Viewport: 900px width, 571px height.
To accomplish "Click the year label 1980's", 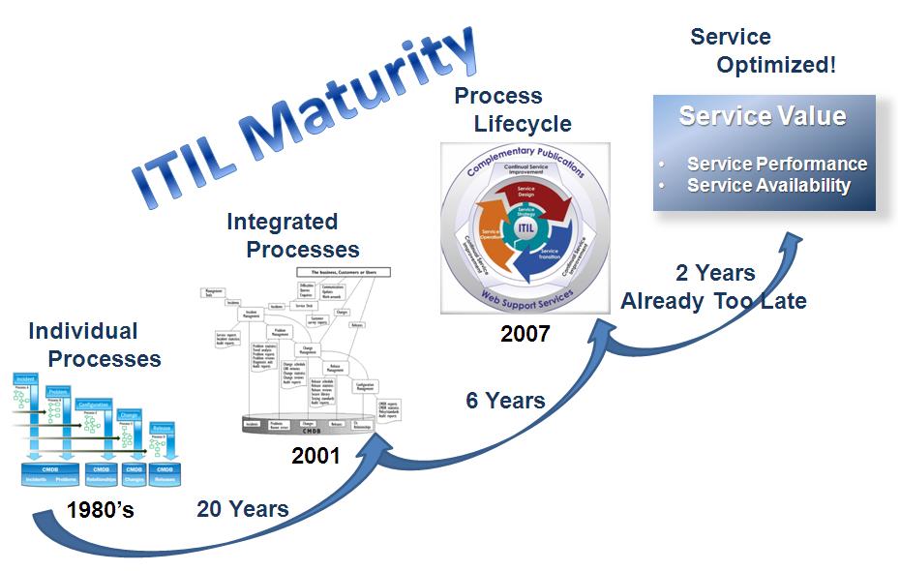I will (101, 510).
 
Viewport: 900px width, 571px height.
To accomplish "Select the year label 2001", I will (315, 455).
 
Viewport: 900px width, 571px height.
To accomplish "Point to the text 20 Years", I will (242, 509).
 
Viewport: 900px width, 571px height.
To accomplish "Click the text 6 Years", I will (505, 400).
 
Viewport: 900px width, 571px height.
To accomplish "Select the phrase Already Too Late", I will (713, 301).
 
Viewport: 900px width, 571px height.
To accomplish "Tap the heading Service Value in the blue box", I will (763, 117).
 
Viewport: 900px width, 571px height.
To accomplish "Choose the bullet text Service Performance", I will (776, 164).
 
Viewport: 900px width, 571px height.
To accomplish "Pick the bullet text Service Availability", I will (768, 185).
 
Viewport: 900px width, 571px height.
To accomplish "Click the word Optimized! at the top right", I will (776, 66).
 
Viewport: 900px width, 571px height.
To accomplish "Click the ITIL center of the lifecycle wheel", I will (525, 226).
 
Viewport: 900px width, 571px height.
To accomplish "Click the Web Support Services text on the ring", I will (525, 294).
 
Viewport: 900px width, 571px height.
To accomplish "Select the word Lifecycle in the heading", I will (523, 124).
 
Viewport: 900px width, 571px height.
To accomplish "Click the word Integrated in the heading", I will (282, 222).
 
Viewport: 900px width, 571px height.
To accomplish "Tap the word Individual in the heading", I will (83, 331).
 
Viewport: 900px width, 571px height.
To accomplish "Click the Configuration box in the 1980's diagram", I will (94, 404).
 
